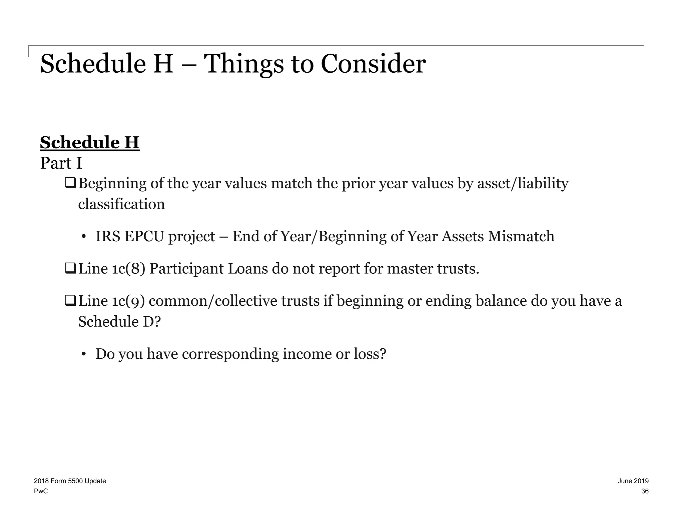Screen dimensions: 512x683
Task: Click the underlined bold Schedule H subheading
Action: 89,143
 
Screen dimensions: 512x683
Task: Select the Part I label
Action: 61,163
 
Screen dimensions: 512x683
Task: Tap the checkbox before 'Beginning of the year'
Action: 70,183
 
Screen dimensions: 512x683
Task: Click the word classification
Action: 121,204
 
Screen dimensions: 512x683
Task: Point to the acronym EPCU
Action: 144,236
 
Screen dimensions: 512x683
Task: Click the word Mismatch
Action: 521,236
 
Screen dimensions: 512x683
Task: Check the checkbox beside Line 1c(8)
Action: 70,268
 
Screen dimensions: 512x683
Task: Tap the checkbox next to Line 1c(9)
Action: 70,301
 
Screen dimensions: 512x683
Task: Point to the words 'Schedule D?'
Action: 119,322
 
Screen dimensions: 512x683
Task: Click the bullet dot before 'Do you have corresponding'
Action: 84,354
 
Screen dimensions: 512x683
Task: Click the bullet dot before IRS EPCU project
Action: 84,237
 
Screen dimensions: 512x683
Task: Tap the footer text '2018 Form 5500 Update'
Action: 70,481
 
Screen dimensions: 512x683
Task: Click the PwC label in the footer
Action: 41,491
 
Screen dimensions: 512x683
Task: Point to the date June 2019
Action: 633,481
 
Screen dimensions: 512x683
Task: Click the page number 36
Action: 645,491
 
